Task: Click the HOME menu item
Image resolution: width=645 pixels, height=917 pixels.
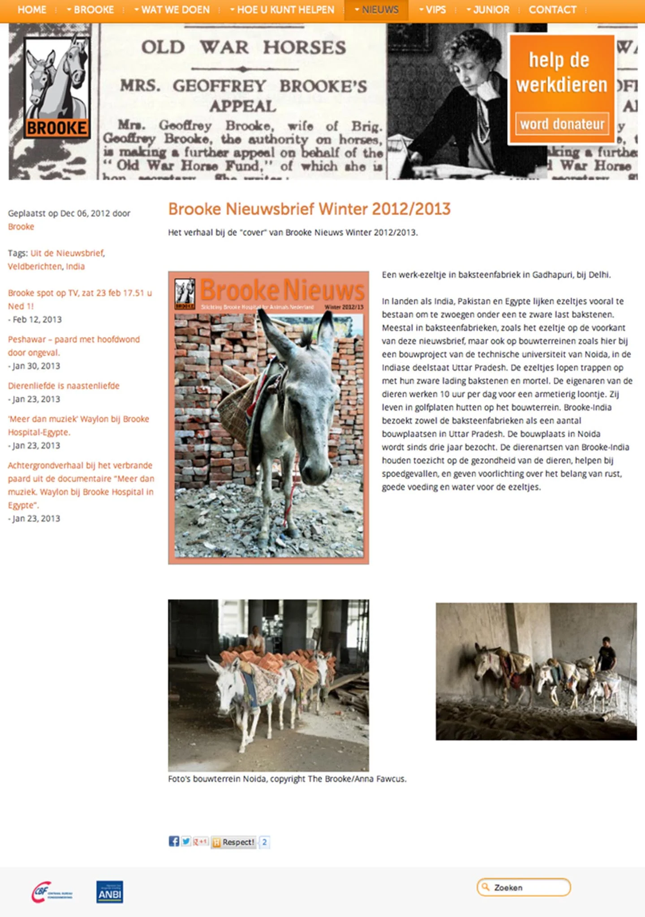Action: pyautogui.click(x=32, y=10)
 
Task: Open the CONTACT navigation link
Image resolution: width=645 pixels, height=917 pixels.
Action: pyautogui.click(x=552, y=10)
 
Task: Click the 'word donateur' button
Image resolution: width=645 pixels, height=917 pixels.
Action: pyautogui.click(x=562, y=124)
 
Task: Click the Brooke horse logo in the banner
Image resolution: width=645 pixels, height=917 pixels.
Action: pyautogui.click(x=57, y=87)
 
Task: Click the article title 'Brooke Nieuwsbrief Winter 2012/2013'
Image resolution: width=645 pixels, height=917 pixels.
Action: pyautogui.click(x=309, y=209)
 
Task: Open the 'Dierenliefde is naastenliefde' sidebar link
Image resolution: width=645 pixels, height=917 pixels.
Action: pyautogui.click(x=64, y=386)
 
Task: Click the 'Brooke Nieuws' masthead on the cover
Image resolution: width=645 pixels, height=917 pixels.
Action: pyautogui.click(x=282, y=290)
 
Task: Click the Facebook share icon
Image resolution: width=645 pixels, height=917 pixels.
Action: pyautogui.click(x=174, y=841)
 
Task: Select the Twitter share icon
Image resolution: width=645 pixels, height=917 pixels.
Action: pyautogui.click(x=186, y=841)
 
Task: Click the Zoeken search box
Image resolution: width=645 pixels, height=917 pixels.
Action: pyautogui.click(x=524, y=887)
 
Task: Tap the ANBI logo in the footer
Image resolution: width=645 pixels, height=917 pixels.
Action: pyautogui.click(x=110, y=892)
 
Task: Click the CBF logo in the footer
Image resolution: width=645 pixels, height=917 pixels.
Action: pyautogui.click(x=52, y=892)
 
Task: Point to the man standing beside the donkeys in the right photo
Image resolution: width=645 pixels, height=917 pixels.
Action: pyautogui.click(x=606, y=655)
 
